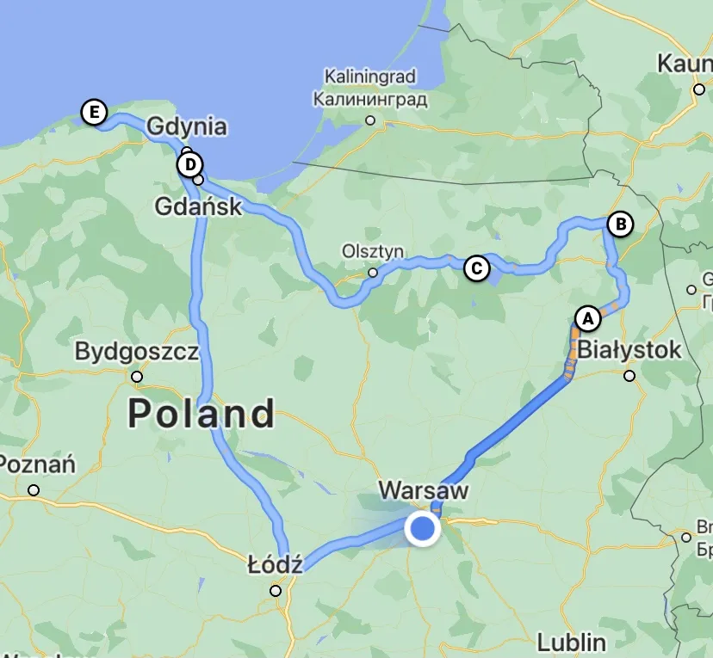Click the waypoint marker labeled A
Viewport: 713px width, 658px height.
click(587, 317)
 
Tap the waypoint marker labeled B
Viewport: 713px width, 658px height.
click(619, 224)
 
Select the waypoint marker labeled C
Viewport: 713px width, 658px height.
click(475, 268)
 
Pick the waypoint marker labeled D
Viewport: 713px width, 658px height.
click(190, 164)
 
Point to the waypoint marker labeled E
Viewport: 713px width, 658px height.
click(93, 113)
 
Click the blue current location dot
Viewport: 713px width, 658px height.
click(422, 528)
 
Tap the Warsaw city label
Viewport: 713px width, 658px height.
click(424, 491)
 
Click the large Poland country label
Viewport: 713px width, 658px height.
click(201, 414)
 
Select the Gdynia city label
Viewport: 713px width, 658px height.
click(187, 126)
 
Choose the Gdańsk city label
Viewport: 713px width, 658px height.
click(200, 206)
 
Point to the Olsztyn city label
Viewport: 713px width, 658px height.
click(373, 252)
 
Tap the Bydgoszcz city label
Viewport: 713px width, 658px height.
click(137, 351)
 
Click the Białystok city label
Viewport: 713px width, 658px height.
click(629, 350)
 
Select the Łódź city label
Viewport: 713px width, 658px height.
click(275, 565)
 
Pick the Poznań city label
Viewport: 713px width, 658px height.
click(38, 465)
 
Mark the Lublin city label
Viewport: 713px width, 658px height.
click(571, 642)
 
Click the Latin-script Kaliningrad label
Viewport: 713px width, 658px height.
click(370, 77)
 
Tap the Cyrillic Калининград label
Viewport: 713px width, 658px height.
click(370, 99)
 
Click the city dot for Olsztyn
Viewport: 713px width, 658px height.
click(373, 273)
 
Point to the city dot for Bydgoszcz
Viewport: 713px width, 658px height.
click(137, 377)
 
